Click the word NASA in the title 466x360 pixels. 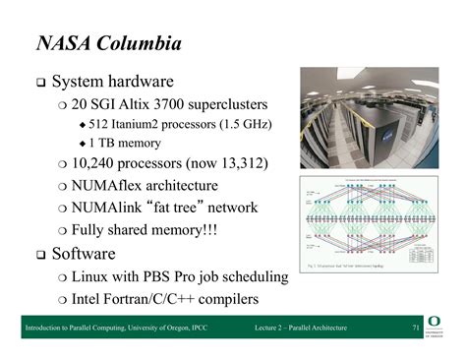coord(64,43)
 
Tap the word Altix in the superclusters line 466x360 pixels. coord(146,104)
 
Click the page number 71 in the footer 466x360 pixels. coord(415,329)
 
